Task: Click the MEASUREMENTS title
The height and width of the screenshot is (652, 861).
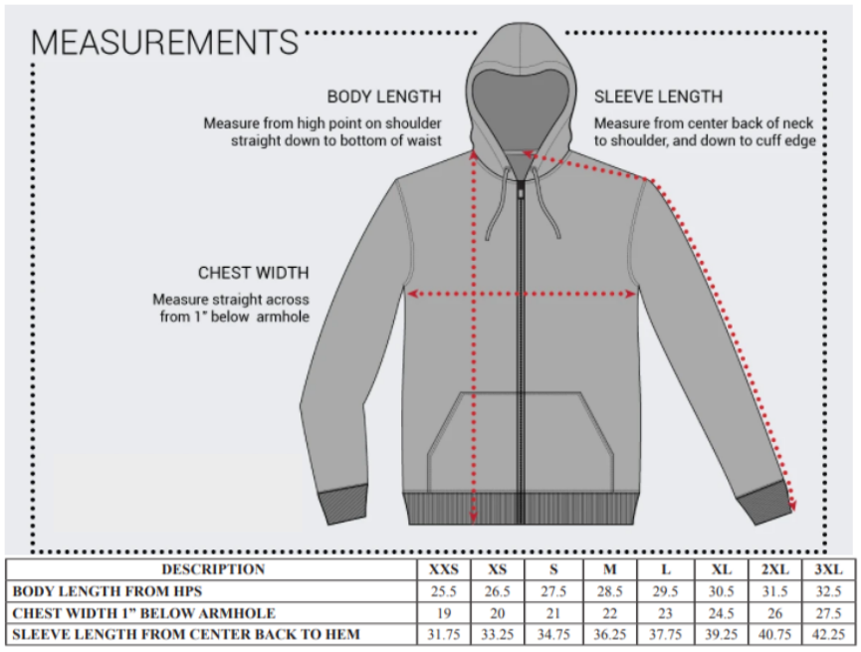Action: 164,42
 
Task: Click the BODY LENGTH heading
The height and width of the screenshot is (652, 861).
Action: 384,97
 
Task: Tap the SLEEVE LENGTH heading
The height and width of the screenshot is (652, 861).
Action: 658,97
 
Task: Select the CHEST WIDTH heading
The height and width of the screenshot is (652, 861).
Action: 253,273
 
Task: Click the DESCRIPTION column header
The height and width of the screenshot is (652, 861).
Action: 213,569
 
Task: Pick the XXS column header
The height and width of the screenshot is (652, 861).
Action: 444,569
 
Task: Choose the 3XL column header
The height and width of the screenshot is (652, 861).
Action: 828,569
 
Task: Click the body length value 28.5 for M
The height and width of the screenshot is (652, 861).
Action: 609,591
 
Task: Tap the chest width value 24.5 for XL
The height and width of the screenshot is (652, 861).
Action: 721,613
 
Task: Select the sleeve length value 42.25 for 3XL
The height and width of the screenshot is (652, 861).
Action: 828,635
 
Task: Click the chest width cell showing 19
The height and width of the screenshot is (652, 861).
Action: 444,613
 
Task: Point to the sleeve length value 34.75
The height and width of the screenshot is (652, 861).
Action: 553,635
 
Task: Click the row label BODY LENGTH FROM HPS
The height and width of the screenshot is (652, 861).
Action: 108,591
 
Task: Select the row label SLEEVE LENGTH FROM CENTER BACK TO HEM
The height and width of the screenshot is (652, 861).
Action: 186,635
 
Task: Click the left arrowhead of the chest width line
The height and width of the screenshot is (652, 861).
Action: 412,295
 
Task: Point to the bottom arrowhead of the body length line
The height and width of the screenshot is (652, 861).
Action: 474,517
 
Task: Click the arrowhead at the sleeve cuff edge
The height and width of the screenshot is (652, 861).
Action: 793,504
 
